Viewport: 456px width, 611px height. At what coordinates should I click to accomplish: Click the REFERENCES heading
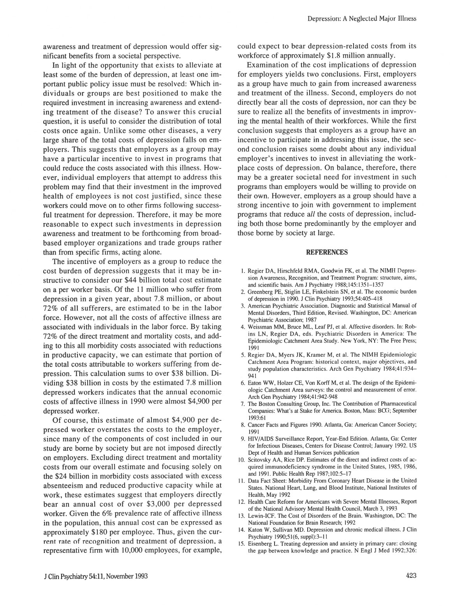(x=327, y=252)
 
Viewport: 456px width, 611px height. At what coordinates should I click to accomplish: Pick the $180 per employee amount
(x=99, y=532)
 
